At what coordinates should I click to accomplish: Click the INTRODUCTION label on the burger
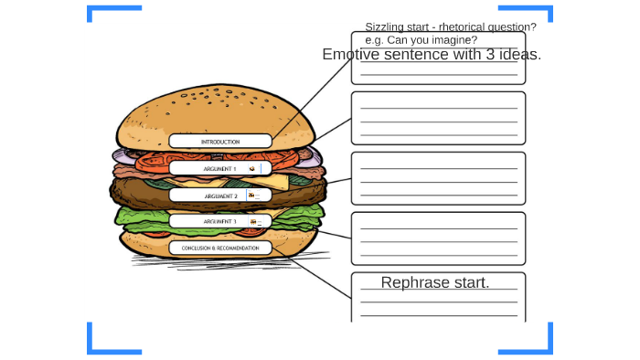click(220, 142)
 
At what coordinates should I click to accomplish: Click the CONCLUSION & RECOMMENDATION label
click(220, 248)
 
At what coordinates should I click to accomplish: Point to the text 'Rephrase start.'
click(435, 282)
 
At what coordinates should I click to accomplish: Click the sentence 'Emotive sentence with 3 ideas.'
click(432, 55)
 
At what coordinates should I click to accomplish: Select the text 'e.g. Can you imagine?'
click(421, 40)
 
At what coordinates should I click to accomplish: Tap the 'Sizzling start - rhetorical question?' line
click(451, 26)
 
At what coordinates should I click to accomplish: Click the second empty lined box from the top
click(438, 118)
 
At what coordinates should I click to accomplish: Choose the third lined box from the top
click(438, 178)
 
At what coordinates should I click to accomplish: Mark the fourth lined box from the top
click(438, 238)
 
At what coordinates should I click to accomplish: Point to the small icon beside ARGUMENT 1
click(252, 169)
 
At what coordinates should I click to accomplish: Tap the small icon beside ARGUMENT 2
click(251, 196)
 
